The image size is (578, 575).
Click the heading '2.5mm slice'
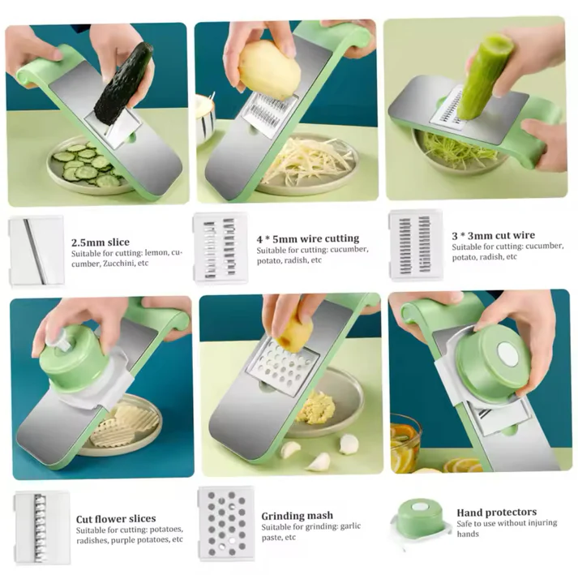click(101, 242)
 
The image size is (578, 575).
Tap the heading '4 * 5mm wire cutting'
click(308, 238)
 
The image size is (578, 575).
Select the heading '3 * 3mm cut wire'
click(493, 235)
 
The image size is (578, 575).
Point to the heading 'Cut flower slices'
click(116, 519)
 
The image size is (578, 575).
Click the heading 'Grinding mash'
click(298, 516)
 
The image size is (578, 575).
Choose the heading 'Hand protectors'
click(497, 513)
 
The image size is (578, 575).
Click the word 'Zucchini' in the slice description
click(118, 264)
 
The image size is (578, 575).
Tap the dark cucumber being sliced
click(123, 84)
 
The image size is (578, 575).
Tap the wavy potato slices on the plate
click(126, 424)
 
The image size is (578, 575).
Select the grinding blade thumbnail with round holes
click(226, 523)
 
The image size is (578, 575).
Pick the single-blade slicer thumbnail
click(36, 251)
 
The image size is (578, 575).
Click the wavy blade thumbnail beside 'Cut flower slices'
click(41, 527)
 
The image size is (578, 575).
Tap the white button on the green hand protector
click(509, 354)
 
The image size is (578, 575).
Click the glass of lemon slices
click(405, 443)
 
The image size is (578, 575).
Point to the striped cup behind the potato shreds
click(205, 118)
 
